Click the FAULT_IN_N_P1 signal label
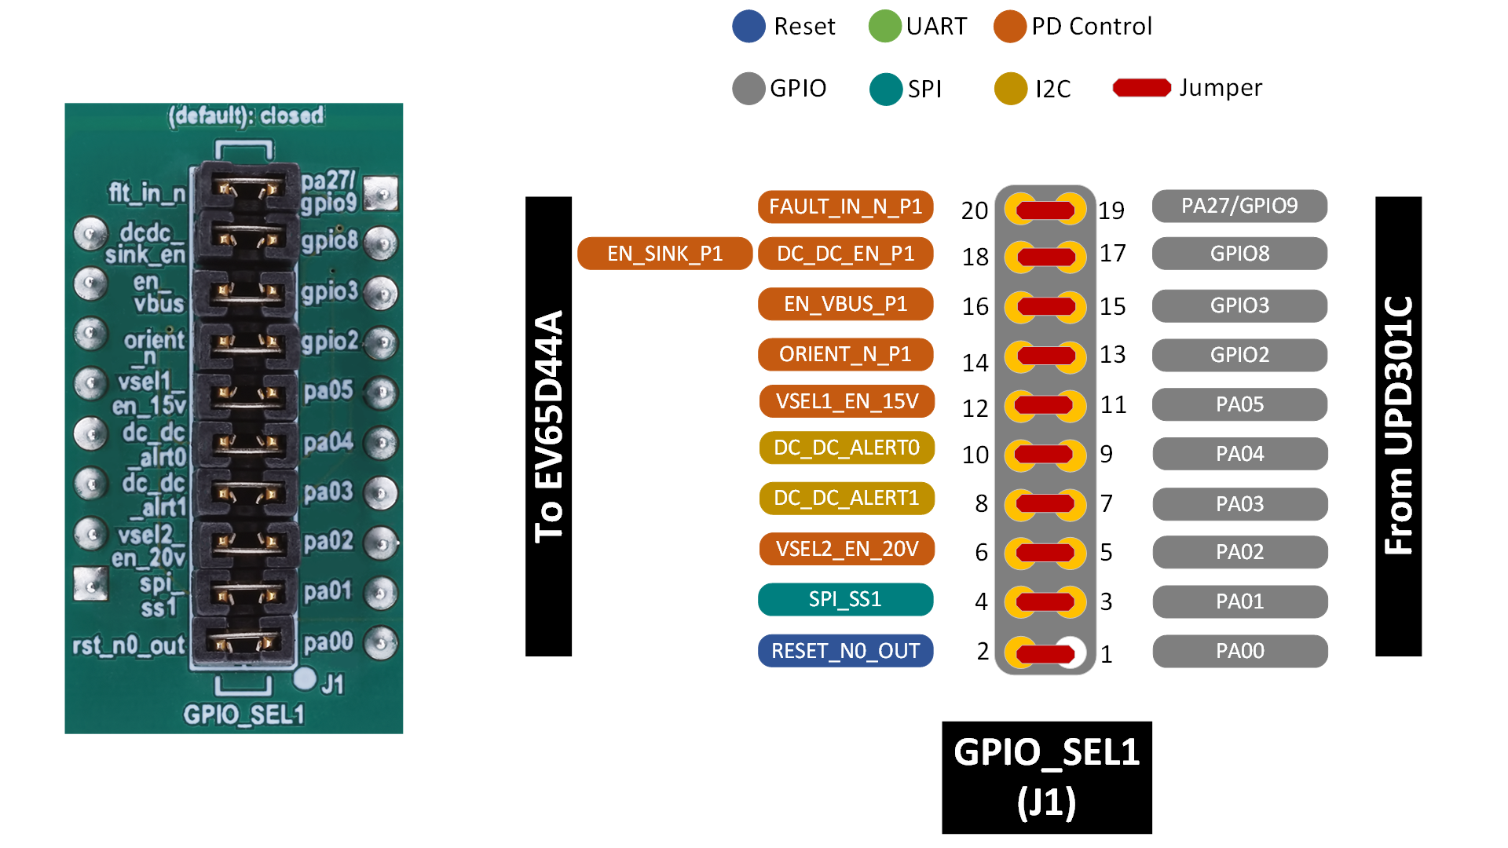(845, 207)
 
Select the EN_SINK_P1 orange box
(664, 254)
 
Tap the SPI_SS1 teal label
(845, 599)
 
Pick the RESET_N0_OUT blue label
(845, 651)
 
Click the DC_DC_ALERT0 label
(846, 448)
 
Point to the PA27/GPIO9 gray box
(1239, 206)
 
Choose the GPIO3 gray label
(1239, 305)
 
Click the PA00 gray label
(1239, 651)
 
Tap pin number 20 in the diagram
(975, 210)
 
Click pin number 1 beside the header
(1106, 654)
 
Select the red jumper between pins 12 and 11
(1044, 406)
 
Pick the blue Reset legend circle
(749, 26)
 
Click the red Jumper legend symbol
(1141, 88)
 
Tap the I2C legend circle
(1011, 89)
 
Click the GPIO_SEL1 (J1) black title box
(1046, 777)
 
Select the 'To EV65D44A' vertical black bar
(548, 426)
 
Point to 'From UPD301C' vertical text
(1399, 426)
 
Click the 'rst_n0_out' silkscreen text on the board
(129, 645)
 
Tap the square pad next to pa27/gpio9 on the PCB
(382, 192)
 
